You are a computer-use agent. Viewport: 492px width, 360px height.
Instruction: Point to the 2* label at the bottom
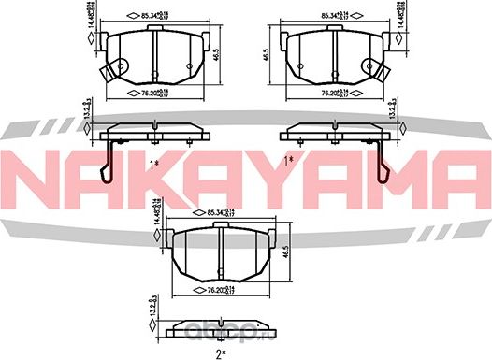[x=223, y=352]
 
